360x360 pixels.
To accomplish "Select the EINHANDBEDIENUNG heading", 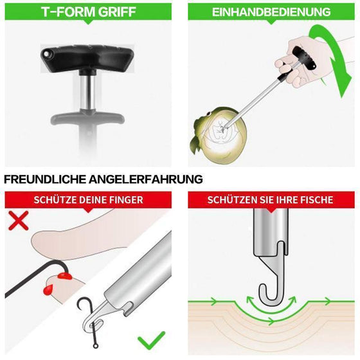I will click(272, 12).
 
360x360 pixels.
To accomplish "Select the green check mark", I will click(151, 339).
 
